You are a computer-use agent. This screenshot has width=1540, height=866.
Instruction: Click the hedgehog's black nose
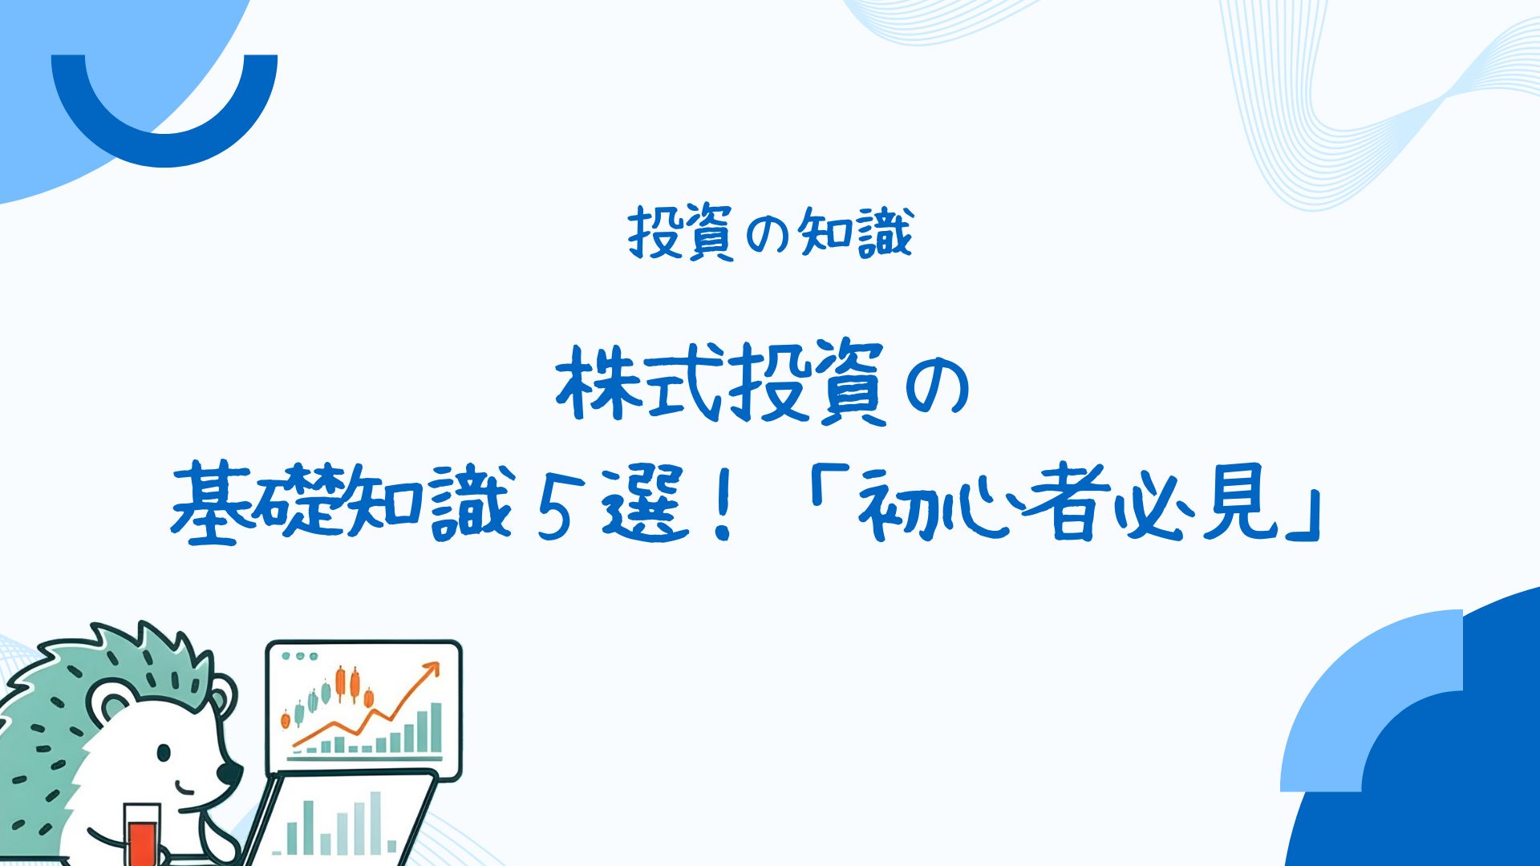point(229,774)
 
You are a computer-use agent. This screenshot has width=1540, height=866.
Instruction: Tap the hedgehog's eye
point(164,753)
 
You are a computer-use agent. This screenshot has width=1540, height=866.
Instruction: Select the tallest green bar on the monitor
point(436,727)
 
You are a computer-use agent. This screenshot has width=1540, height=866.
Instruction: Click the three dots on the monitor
point(300,656)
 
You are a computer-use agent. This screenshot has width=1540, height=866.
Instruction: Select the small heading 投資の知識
point(771,233)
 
